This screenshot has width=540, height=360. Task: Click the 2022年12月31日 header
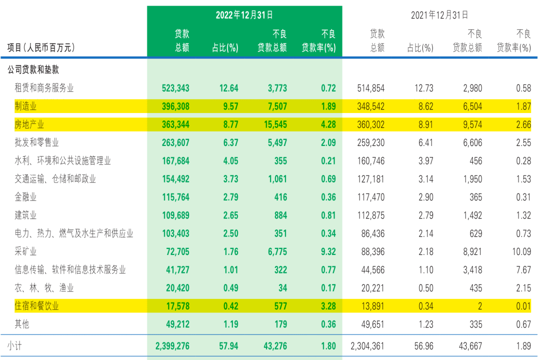point(244,15)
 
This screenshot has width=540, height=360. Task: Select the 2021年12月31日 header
point(439,15)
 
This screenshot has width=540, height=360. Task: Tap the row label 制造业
point(26,106)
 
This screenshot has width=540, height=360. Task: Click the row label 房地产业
point(30,124)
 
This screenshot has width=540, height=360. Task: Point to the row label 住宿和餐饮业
point(37,305)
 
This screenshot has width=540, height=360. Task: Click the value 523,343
point(175,88)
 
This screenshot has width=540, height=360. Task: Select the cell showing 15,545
point(272,124)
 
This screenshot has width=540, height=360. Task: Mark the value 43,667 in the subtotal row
point(467,346)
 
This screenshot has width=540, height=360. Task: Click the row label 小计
point(14,346)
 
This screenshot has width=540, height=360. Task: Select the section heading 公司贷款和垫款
point(33,70)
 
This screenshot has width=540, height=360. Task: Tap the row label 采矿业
point(26,251)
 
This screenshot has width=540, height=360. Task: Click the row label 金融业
point(26,197)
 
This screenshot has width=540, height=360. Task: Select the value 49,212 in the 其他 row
point(175,324)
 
